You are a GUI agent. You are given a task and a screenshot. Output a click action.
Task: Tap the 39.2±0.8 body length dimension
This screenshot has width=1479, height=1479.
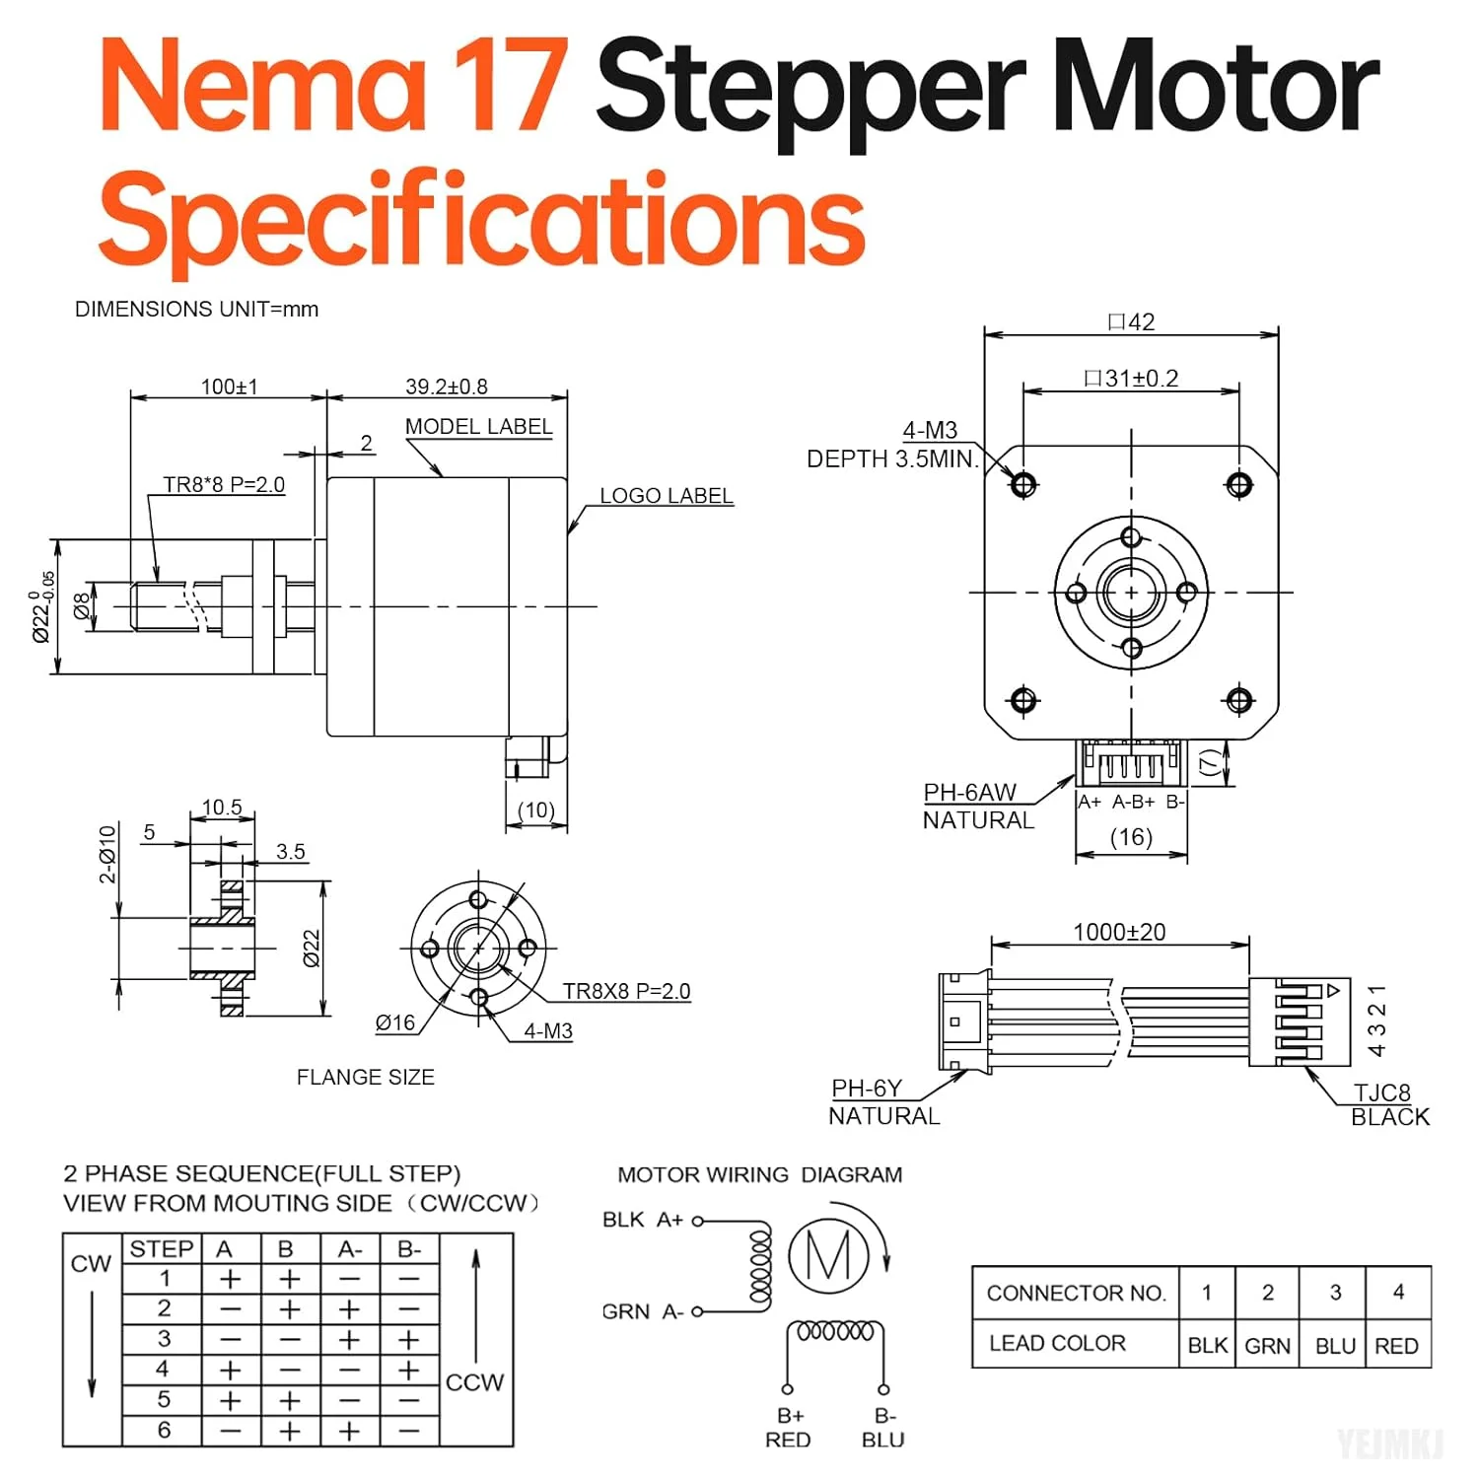tap(446, 387)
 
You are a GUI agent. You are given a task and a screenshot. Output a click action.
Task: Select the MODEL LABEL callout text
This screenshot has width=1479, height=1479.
tap(478, 427)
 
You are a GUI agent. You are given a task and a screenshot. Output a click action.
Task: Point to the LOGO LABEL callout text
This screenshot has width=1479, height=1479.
tap(667, 496)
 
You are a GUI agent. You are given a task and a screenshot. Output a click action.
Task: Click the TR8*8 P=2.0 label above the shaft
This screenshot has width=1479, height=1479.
tap(224, 485)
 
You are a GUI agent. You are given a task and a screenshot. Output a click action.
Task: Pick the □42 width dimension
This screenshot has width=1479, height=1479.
tap(1131, 322)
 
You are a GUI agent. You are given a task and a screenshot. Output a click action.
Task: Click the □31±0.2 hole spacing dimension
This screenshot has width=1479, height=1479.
tap(1131, 379)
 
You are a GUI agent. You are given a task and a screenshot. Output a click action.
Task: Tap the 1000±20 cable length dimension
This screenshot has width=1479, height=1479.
tap(1119, 932)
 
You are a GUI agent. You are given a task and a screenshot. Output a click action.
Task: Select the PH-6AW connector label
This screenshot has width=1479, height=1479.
tap(969, 793)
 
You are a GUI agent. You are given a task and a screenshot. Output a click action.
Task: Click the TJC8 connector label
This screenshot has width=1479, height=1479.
tap(1381, 1092)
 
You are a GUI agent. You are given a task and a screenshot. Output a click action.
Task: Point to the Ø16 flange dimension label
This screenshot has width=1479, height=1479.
tap(395, 1023)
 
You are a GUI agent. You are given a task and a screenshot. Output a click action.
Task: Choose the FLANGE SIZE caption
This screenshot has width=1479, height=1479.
tap(365, 1078)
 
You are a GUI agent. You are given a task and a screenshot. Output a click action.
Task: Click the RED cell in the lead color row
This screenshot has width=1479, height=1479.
tap(1396, 1346)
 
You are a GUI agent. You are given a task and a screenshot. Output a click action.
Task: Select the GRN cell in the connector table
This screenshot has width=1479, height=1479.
tap(1267, 1346)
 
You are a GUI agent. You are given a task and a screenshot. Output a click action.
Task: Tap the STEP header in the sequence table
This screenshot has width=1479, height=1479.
tap(162, 1249)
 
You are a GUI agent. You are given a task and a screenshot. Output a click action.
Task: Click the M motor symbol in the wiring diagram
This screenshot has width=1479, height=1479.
tap(828, 1256)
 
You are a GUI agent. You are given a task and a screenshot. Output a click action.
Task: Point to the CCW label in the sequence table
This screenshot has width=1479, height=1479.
tap(474, 1382)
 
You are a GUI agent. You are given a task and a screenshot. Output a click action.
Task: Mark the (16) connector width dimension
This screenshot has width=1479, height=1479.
tap(1131, 837)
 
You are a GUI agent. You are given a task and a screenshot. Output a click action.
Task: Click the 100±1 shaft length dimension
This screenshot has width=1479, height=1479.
tap(229, 387)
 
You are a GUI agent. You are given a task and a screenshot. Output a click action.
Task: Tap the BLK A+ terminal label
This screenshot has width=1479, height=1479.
tap(643, 1220)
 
